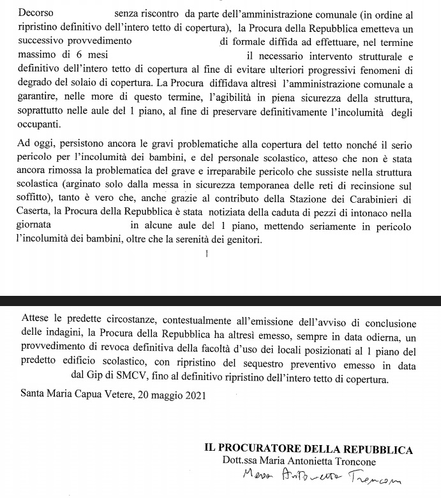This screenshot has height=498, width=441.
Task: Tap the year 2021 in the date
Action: pyautogui.click(x=195, y=395)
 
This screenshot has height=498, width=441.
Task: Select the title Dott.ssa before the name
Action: pyautogui.click(x=243, y=461)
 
